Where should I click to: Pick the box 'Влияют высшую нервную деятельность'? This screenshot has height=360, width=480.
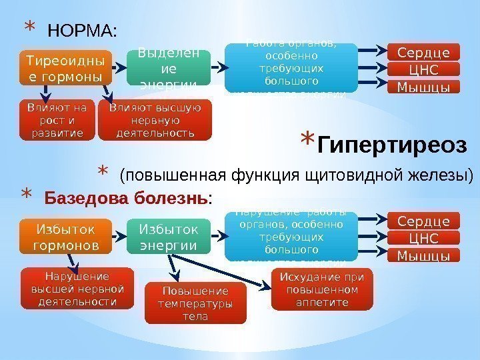(155, 120)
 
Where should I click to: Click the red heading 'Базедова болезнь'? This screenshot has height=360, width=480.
(126, 198)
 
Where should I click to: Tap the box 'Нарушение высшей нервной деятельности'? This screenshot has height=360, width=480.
(73, 289)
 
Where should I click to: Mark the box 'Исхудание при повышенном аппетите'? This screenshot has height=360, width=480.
(322, 289)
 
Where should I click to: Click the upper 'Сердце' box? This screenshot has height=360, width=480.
(423, 53)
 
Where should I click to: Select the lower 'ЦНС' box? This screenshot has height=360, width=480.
(423, 239)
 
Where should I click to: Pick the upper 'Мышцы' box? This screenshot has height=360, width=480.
(423, 87)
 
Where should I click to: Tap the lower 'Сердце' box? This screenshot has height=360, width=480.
(423, 221)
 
